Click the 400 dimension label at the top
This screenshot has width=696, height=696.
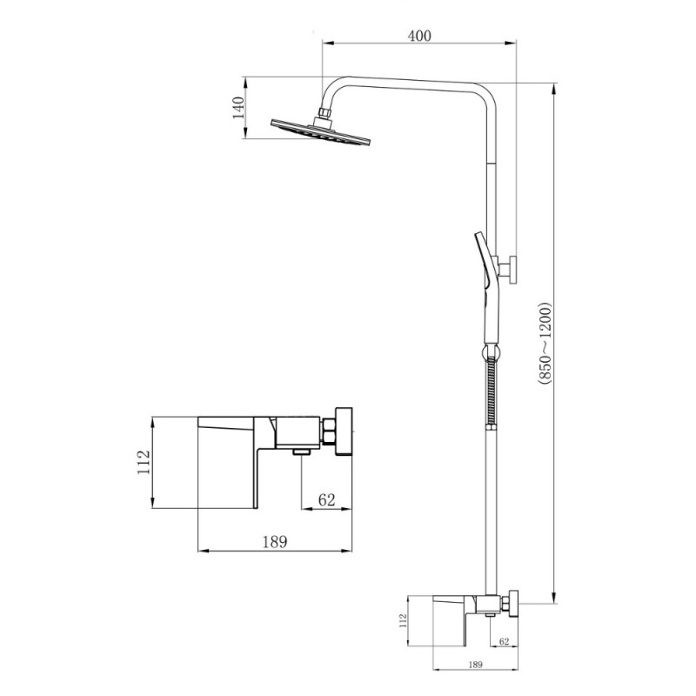(x=419, y=36)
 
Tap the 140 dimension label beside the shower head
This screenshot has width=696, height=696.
(x=238, y=107)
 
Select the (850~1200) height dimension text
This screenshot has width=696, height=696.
(x=545, y=343)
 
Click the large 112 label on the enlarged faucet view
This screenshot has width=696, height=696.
(x=144, y=462)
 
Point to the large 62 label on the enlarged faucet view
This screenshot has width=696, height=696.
(x=327, y=499)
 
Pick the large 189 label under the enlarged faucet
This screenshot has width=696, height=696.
(x=275, y=541)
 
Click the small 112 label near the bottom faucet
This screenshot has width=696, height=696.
(x=403, y=620)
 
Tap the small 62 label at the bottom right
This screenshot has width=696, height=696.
(x=505, y=641)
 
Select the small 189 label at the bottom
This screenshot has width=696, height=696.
(x=475, y=665)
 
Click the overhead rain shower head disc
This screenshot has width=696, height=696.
(x=320, y=132)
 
